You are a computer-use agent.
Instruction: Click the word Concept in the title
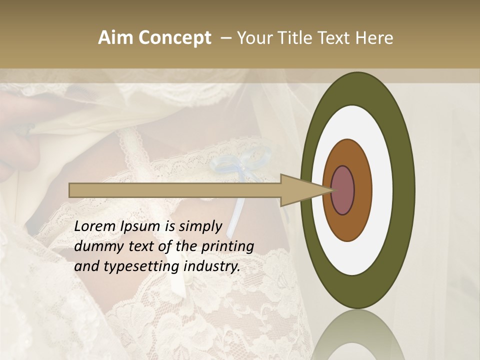(174, 38)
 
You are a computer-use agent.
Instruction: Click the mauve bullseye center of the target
(343, 190)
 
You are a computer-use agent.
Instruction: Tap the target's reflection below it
(357, 337)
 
